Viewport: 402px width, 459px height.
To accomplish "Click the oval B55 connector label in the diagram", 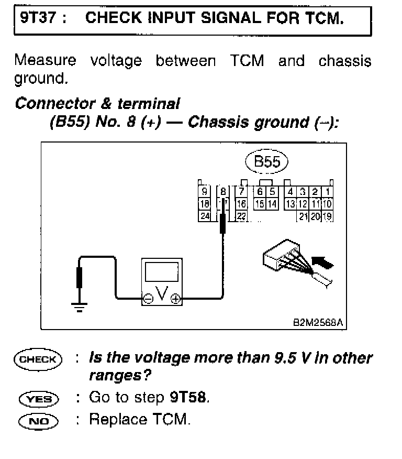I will pos(267,162).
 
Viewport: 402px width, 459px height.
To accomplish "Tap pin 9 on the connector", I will pos(204,191).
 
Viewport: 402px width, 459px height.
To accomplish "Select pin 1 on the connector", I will pos(327,192).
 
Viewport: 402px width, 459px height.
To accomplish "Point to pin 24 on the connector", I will pos(204,215).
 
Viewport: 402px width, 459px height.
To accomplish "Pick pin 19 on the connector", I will pos(327,215).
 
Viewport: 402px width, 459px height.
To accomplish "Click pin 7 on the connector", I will pos(241,192).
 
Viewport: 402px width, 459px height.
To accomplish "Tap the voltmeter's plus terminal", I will pos(175,299).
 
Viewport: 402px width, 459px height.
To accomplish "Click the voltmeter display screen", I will pos(161,274).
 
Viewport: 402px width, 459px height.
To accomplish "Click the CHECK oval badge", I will pos(38,359).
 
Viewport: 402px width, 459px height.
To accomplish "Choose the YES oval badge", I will pos(38,399).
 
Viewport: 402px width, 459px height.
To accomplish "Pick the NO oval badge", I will pos(38,420).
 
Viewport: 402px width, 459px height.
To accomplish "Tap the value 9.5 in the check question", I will pos(285,358).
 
